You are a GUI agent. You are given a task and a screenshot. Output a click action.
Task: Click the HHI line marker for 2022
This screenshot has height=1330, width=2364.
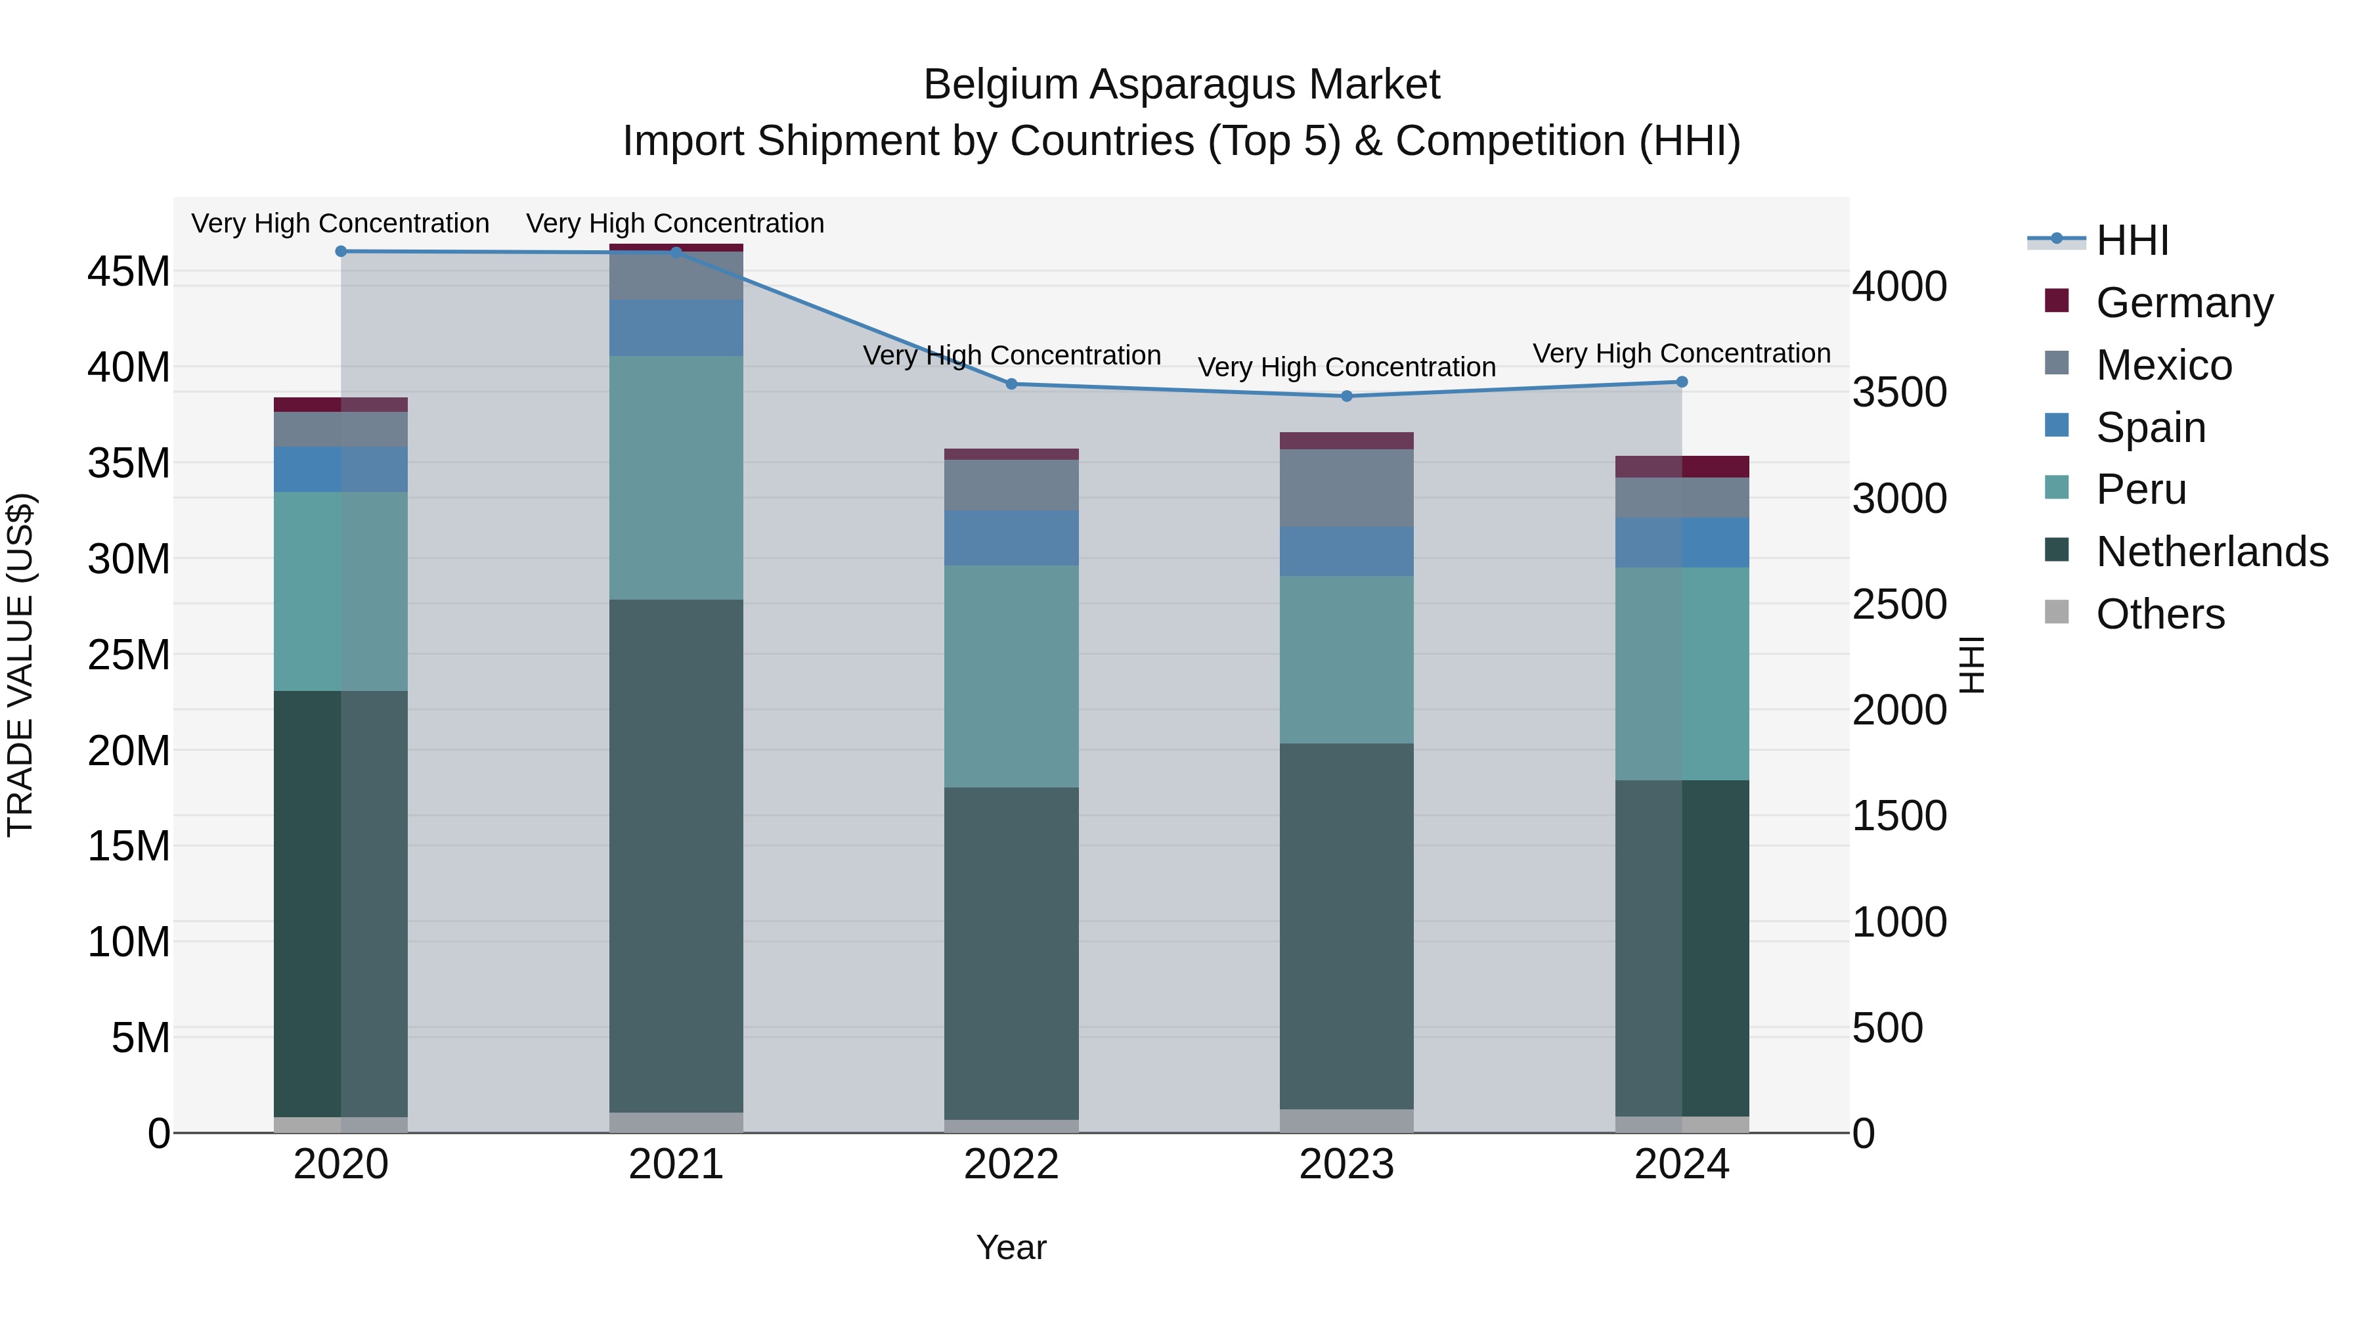coord(1011,384)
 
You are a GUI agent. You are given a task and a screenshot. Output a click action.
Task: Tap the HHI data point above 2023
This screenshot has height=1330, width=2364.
coord(1346,395)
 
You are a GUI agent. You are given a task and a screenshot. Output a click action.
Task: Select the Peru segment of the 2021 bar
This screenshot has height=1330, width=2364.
coord(676,477)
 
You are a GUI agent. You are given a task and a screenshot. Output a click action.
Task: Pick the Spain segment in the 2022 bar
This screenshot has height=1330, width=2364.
coord(1011,538)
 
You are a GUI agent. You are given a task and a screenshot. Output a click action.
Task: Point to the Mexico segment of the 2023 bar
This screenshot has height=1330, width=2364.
coord(1346,487)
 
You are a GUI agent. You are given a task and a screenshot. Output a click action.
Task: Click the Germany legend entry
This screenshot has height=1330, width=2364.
coord(2184,303)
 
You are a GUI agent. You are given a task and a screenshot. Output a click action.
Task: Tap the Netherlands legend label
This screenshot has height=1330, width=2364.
coord(2212,552)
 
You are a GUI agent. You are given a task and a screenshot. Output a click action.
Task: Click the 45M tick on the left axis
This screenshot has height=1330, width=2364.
coord(129,272)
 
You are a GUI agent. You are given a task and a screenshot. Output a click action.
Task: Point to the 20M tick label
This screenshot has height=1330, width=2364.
coord(129,751)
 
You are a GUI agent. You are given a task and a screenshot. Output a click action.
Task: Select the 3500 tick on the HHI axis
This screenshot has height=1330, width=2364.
coord(1898,392)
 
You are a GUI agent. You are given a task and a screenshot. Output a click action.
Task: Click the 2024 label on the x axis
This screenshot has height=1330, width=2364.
coord(1681,1164)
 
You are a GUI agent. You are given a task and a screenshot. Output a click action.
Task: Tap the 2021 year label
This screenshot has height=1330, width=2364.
coord(676,1164)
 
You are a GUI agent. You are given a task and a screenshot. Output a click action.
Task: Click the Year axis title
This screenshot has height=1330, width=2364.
coord(1011,1247)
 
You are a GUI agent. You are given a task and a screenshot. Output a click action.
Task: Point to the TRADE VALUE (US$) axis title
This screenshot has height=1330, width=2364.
coord(20,665)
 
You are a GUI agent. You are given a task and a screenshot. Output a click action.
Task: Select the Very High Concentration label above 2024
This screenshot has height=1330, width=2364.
coord(1681,353)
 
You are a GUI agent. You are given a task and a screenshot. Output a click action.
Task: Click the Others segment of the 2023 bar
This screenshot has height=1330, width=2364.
coord(1346,1120)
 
